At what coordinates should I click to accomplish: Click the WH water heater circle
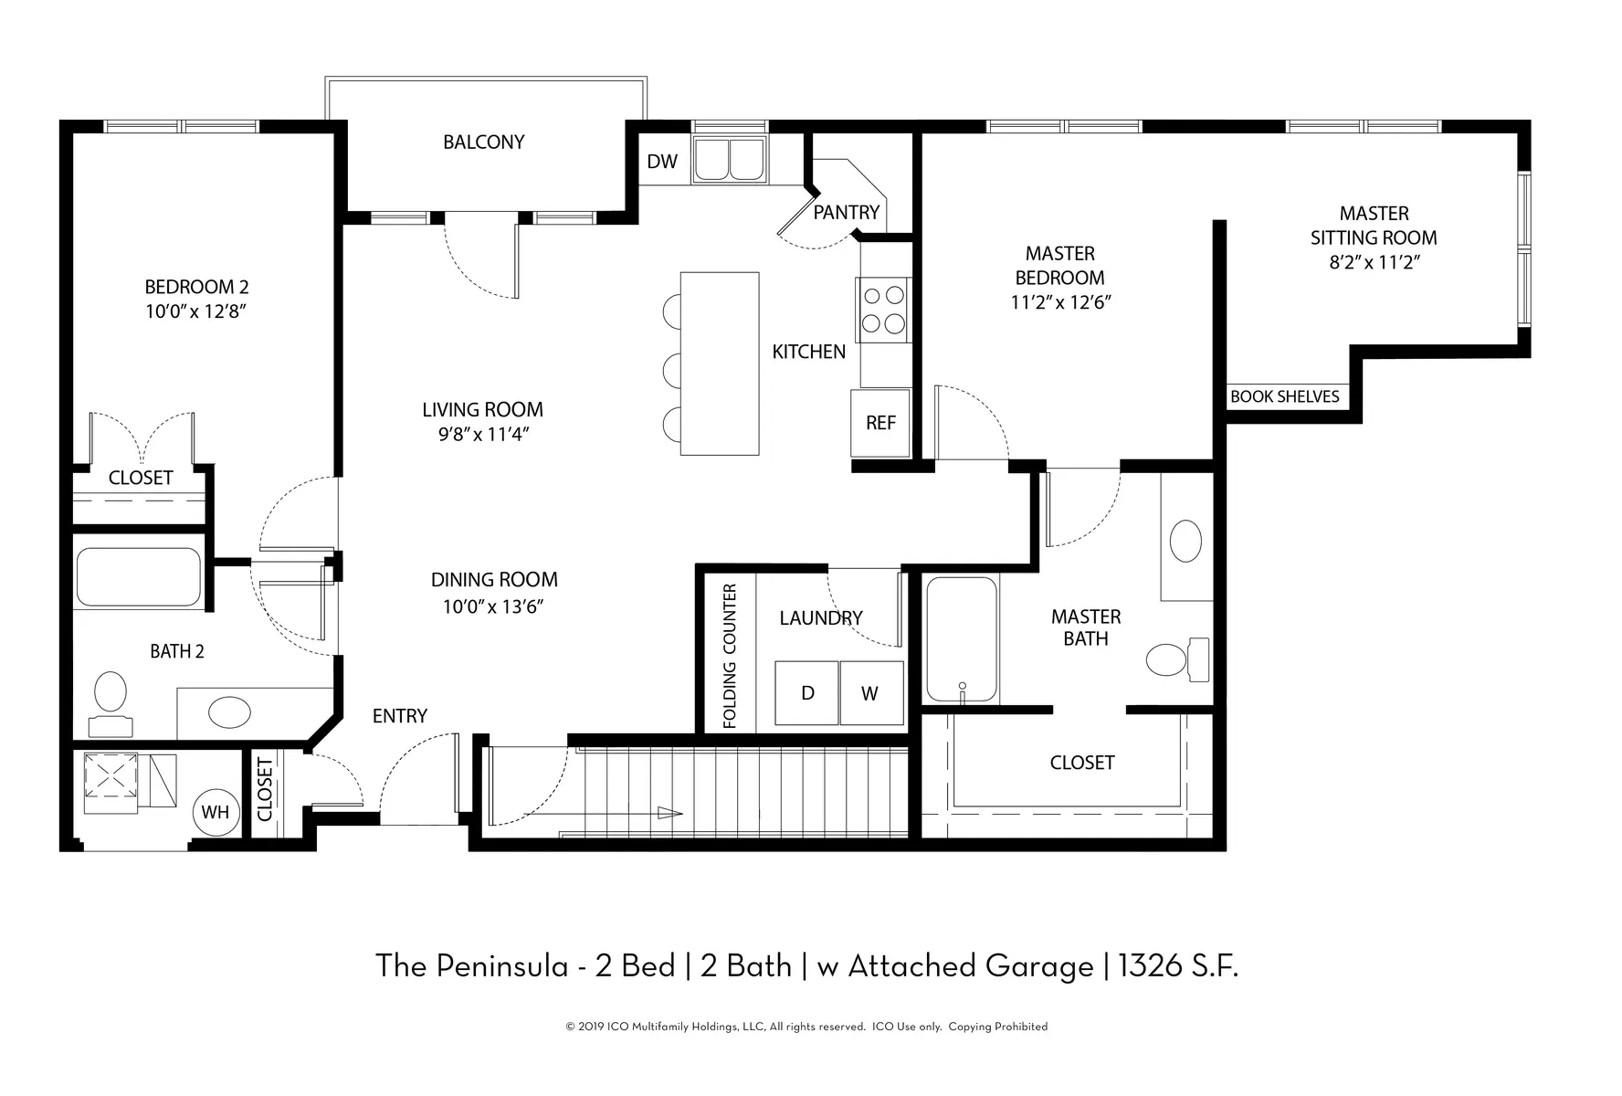[x=216, y=811]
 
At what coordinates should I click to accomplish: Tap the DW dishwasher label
[x=662, y=162]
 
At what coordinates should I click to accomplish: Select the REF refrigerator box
[x=880, y=423]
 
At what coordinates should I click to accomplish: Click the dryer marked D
[x=807, y=693]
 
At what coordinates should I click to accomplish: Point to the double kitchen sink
[x=730, y=159]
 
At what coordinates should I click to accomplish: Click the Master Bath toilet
[x=1178, y=659]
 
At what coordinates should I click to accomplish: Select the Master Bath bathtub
[x=962, y=639]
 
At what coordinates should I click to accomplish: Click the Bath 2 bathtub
[x=139, y=576]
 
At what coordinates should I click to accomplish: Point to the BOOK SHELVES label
[x=1284, y=396]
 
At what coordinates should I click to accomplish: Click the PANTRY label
[x=846, y=212]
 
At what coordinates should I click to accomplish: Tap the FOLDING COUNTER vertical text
[x=730, y=656]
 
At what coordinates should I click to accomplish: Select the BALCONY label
[x=484, y=142]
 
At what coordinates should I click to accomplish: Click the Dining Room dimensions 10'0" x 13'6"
[x=493, y=606]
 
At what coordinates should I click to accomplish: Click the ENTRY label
[x=400, y=716]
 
